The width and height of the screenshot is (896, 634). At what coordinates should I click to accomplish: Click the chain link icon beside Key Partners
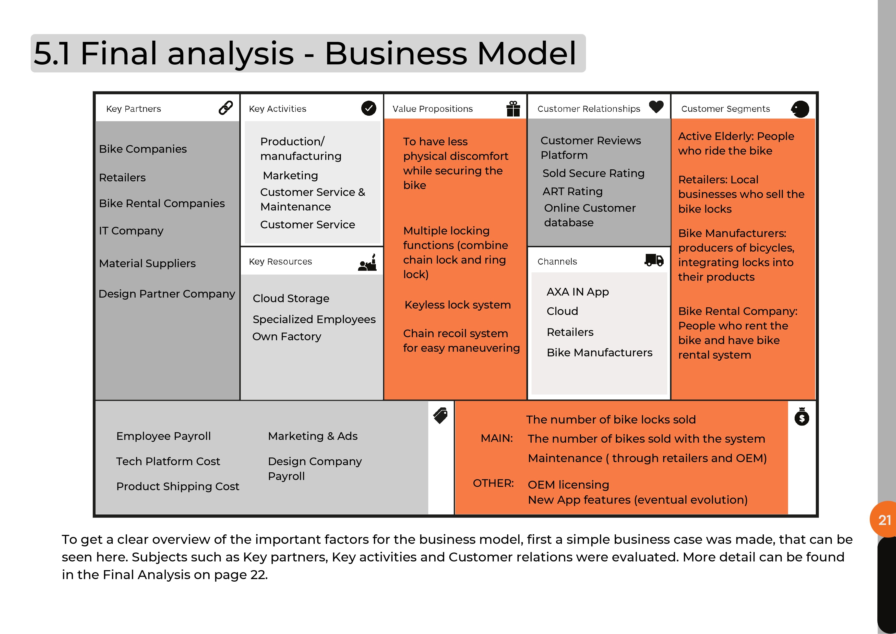coord(225,108)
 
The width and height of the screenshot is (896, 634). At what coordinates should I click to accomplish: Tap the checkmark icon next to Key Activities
coord(368,108)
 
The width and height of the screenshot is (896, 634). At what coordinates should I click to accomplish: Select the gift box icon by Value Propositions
coord(513,109)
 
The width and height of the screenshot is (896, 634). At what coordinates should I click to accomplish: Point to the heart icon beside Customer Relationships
coord(656,107)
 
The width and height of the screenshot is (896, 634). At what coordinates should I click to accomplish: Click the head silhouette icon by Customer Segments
coord(800,109)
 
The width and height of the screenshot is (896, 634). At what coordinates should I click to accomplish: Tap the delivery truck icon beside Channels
coord(654,260)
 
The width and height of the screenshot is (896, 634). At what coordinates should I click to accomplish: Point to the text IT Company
coord(131,231)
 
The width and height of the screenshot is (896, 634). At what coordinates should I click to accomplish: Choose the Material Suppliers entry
coord(147,264)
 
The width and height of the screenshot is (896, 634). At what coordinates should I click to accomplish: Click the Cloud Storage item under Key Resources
coord(291,298)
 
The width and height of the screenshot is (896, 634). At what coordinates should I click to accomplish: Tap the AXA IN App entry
coord(578,292)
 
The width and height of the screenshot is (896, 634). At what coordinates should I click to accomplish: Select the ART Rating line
coord(572,191)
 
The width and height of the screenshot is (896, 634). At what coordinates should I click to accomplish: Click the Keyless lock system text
coord(457,305)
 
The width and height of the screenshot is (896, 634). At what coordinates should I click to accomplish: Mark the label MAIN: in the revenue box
coord(496,438)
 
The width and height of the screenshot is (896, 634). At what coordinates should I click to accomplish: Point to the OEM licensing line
coord(568,485)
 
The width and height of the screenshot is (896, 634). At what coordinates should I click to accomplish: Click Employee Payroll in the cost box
coord(163,436)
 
